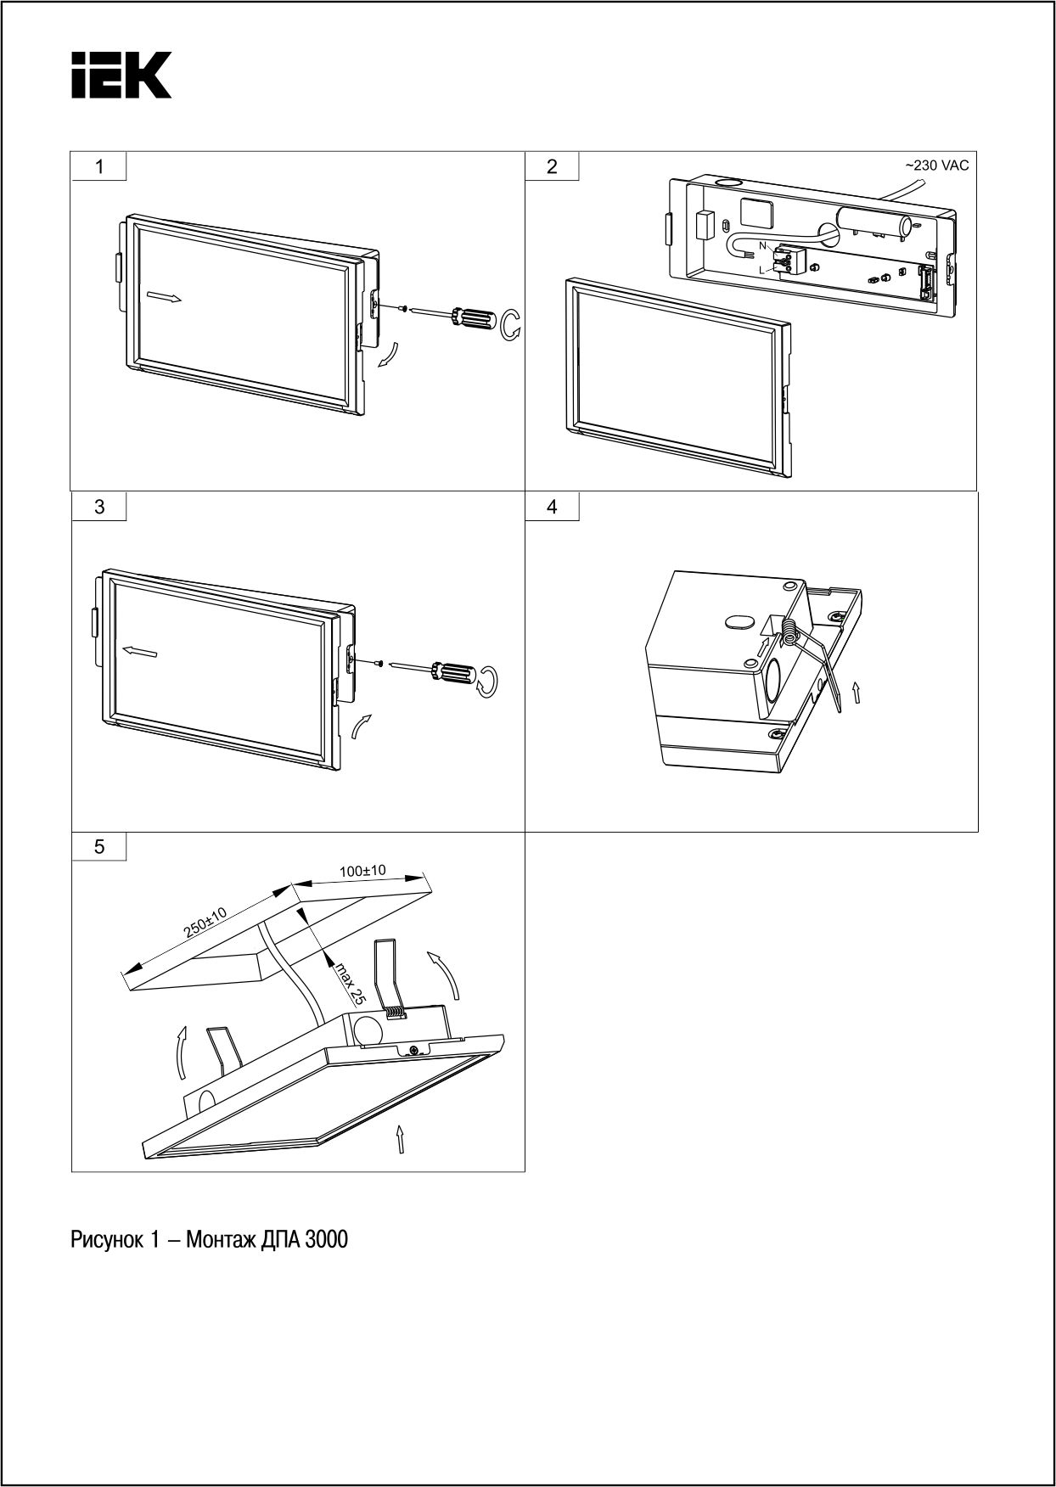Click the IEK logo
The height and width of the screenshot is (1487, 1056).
click(121, 75)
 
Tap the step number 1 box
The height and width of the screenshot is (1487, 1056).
click(99, 166)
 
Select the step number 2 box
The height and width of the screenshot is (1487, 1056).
click(553, 166)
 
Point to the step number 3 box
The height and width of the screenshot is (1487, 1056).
click(99, 507)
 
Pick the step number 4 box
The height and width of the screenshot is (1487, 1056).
click(553, 507)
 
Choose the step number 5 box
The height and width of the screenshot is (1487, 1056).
click(99, 846)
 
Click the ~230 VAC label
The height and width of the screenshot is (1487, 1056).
click(935, 166)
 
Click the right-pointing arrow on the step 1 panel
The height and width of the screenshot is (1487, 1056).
click(163, 297)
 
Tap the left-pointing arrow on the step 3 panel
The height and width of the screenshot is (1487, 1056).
click(138, 651)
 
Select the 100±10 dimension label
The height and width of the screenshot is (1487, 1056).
click(362, 871)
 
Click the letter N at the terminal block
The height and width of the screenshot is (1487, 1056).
click(762, 245)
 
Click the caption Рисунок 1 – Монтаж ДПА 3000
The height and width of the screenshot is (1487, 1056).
click(209, 1240)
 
